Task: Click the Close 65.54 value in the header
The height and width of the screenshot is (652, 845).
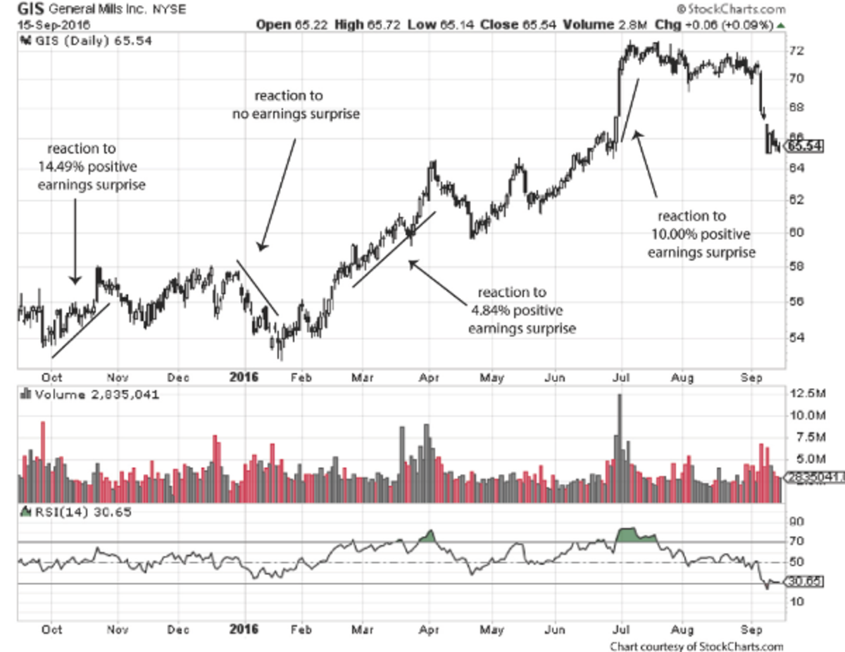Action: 518,25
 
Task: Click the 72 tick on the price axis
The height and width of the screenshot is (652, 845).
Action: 796,51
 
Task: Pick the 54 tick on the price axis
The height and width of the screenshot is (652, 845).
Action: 796,337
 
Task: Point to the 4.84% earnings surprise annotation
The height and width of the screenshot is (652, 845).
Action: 522,311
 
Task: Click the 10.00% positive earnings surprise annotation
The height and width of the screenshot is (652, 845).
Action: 701,234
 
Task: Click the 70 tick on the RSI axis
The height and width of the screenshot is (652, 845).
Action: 796,541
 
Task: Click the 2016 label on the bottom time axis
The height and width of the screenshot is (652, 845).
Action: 244,629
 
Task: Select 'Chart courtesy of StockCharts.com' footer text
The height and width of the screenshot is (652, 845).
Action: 696,646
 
